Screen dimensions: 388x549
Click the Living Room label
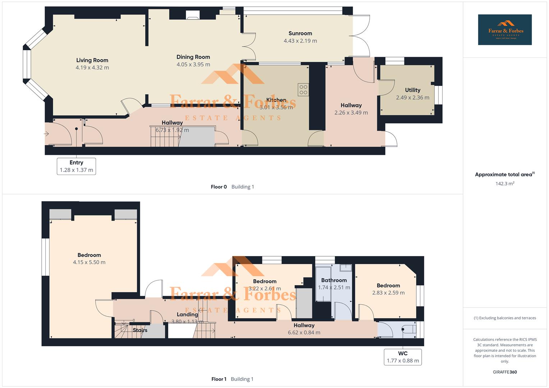[x=92, y=60]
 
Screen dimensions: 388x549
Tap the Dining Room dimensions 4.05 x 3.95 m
[x=193, y=65]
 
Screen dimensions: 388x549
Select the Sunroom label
[x=300, y=33]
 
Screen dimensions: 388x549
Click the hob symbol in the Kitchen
[x=303, y=90]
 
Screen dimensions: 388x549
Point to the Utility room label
[x=412, y=90]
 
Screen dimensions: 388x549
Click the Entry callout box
[x=76, y=166]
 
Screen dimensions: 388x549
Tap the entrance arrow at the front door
[x=46, y=134]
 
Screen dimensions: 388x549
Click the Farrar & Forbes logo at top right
[x=505, y=30]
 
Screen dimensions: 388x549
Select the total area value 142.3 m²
[x=505, y=184]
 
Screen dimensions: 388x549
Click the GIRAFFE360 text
[x=505, y=372]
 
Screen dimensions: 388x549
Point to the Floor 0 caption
[x=219, y=187]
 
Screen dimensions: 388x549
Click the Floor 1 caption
[x=219, y=379]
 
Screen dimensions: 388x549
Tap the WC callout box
[x=403, y=357]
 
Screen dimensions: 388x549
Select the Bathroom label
[x=334, y=280]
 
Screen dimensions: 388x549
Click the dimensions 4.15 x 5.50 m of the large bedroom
[x=89, y=263]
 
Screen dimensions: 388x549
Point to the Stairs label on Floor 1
[x=140, y=330]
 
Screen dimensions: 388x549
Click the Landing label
[x=187, y=314]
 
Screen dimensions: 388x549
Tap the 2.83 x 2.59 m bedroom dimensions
[x=388, y=293]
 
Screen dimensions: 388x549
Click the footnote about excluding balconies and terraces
[x=505, y=318]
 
